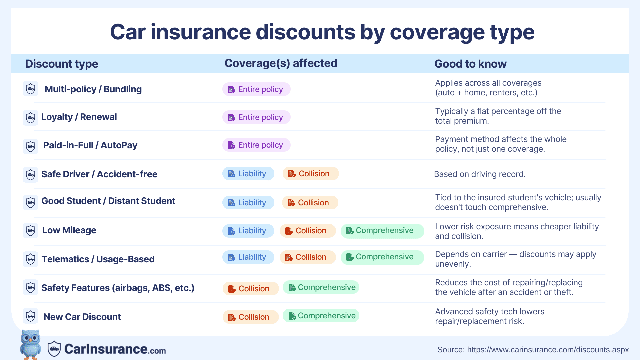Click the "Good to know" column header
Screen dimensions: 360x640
click(470, 64)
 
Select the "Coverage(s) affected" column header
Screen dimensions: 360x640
click(281, 63)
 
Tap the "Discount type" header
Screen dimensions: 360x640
click(62, 64)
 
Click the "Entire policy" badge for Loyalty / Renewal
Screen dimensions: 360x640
click(256, 117)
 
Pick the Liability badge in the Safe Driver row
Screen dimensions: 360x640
click(248, 174)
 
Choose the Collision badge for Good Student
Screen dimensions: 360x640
click(310, 203)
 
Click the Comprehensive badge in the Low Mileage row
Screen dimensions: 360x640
click(382, 231)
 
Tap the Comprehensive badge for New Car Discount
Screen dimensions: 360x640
click(321, 316)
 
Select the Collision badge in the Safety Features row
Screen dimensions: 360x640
click(251, 289)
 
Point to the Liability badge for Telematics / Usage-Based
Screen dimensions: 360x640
click(248, 257)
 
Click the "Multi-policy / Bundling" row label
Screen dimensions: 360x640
click(93, 89)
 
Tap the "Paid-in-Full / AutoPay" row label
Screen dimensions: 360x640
click(90, 145)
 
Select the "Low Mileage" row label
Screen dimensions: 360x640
click(69, 230)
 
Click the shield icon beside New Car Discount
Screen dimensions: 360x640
click(30, 316)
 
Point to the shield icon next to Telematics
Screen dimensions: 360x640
click(30, 259)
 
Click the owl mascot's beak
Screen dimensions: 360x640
click(31, 341)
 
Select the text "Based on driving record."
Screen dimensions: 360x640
click(480, 174)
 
